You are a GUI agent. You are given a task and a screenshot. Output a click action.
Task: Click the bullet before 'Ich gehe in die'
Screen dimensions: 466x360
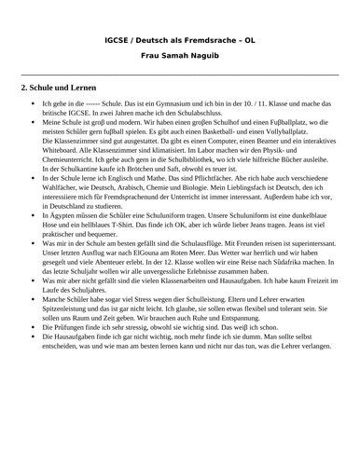(34, 103)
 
